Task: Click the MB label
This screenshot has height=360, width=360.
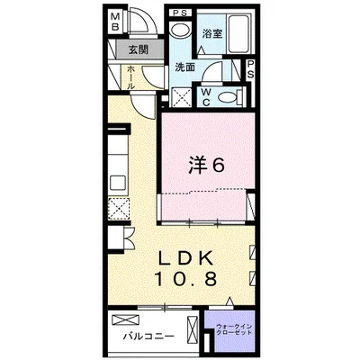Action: pyautogui.click(x=116, y=21)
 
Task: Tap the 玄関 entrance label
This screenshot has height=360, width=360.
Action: pyautogui.click(x=136, y=49)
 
